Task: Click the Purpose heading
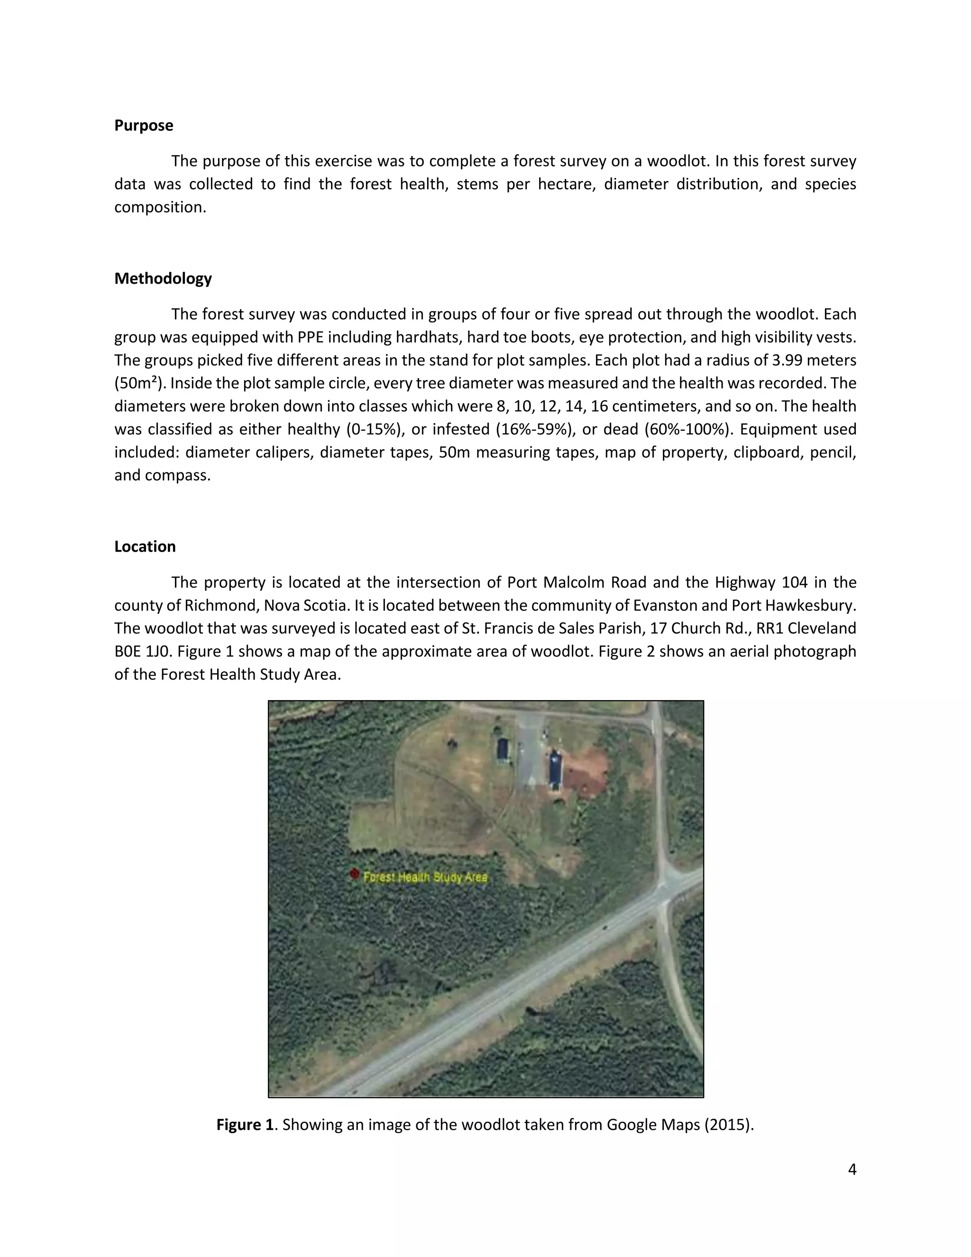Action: click(143, 126)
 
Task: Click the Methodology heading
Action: click(163, 278)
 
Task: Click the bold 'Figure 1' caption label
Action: click(245, 1125)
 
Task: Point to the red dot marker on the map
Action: click(354, 875)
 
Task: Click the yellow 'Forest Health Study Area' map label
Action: click(426, 877)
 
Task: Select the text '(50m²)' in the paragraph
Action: click(138, 384)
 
